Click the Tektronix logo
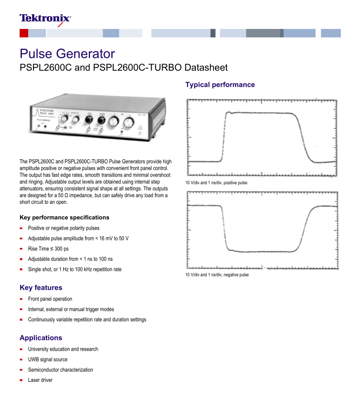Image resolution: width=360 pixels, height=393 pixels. coord(45,18)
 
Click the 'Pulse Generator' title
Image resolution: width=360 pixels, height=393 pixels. coord(67,54)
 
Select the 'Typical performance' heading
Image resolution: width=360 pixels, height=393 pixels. coord(220,85)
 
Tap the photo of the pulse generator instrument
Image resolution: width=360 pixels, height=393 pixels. coord(97,117)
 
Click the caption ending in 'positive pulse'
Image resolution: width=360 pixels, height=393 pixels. coord(217,183)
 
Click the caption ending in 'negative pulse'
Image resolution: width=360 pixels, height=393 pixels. coord(217,275)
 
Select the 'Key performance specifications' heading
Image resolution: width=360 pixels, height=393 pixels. coord(65,218)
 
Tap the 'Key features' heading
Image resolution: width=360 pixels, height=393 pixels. coord(41,288)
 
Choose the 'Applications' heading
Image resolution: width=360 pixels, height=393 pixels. coord(41,338)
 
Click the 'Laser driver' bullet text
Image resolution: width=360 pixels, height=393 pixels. coord(40,380)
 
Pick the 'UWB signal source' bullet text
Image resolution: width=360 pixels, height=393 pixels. coord(48,360)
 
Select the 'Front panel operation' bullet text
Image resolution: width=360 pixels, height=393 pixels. coord(50,299)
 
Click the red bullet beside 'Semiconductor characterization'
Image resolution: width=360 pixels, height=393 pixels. coord(21,370)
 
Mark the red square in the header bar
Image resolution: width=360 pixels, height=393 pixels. coord(24,33)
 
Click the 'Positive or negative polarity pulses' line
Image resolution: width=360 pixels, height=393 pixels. coord(64,228)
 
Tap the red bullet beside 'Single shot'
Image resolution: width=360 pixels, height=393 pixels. coord(21,270)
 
